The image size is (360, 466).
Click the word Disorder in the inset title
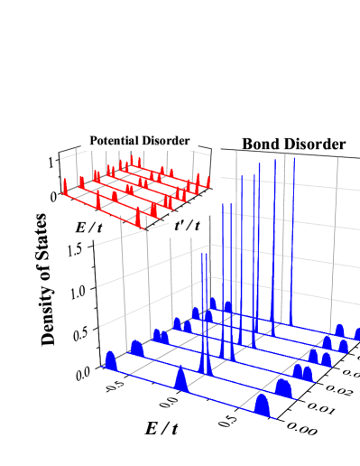pos(168,141)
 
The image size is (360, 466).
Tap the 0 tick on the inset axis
pos(52,195)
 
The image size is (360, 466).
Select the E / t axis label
pos(89,229)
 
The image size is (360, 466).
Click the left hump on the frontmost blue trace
pos(111,361)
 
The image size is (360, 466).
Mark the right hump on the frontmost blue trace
pos(264,405)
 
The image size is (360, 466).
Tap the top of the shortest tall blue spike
pos(205,257)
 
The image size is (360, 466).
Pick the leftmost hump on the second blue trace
pos(137,348)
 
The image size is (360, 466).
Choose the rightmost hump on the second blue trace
pos(284,388)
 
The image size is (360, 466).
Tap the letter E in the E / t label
pos(80,229)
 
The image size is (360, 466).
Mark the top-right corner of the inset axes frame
pos(211,149)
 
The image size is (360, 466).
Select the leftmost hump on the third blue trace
pos(160,336)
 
